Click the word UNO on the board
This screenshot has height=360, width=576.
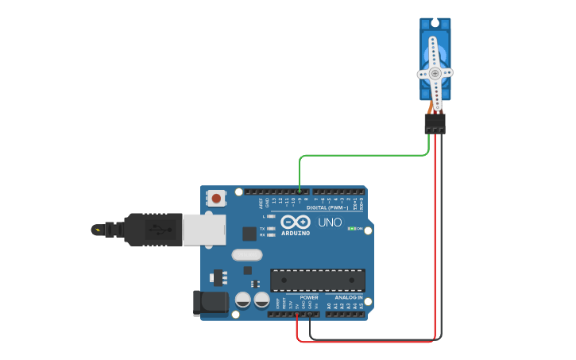330,222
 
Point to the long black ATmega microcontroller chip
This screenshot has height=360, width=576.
318,280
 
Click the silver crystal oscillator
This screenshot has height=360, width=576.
246,255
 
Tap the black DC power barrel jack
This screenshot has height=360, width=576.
210,303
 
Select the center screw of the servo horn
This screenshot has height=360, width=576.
435,73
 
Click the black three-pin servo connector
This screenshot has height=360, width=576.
435,123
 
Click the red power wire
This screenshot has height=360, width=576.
435,238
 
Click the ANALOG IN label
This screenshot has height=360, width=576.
348,297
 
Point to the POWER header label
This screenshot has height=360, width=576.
308,297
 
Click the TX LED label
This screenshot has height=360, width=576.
263,228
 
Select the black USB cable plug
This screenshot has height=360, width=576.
151,229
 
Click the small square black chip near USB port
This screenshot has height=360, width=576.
249,233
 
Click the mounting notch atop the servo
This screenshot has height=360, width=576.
435,23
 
